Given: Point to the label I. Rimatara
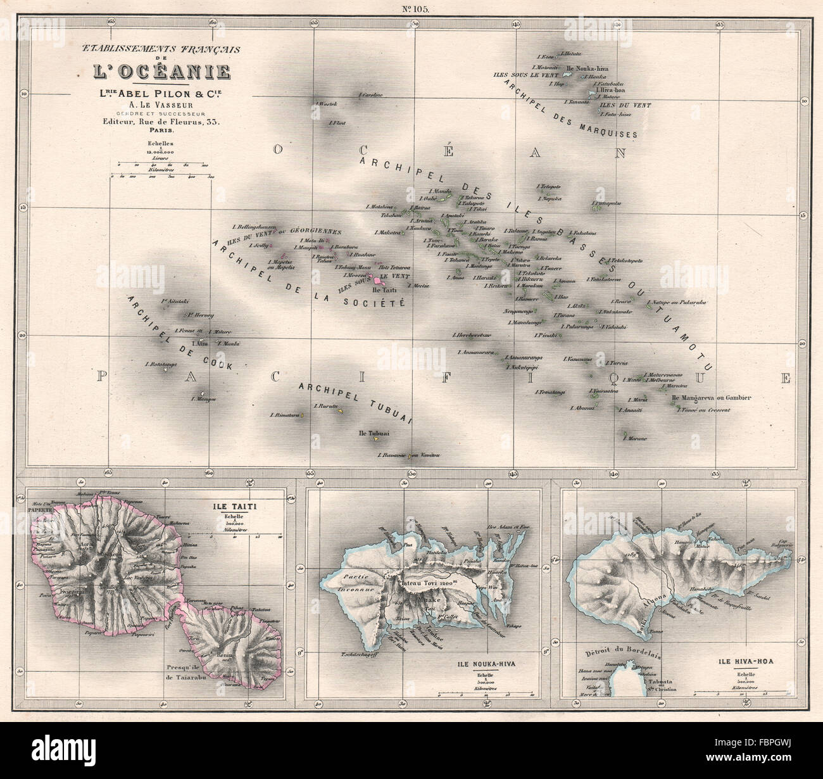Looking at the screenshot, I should click(283, 415).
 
